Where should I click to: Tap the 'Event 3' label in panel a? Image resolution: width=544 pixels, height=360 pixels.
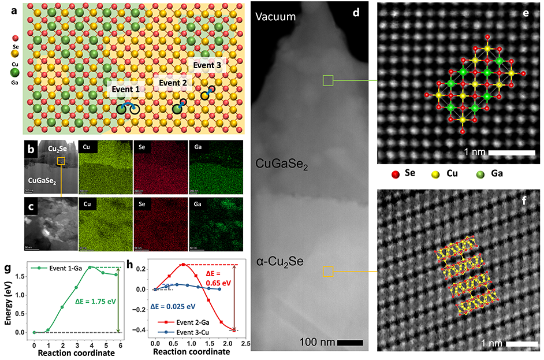click(207, 65)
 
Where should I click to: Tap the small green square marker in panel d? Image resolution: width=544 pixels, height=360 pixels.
click(327, 80)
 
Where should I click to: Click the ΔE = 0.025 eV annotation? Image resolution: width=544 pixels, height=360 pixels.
click(173, 306)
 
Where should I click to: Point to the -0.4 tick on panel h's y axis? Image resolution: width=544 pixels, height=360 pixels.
click(146, 330)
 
